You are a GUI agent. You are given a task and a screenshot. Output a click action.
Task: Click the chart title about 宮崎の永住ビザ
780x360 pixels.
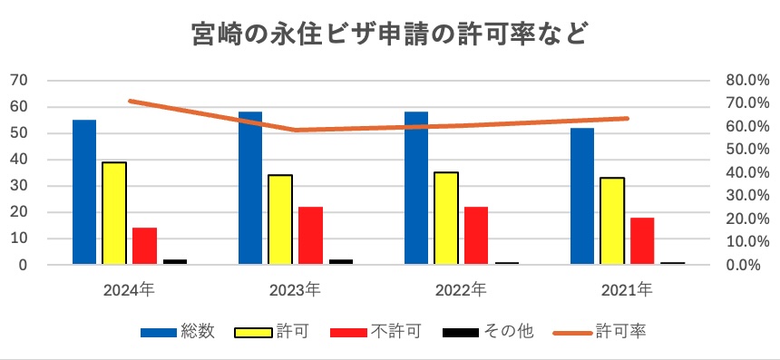click(390, 34)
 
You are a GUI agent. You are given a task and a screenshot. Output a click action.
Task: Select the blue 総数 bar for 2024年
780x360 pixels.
click(84, 192)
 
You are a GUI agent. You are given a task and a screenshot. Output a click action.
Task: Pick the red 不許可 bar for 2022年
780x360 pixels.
click(475, 236)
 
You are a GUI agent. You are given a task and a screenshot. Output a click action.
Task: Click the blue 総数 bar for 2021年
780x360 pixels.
click(582, 196)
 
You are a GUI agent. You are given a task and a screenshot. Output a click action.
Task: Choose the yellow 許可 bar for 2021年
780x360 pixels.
click(611, 221)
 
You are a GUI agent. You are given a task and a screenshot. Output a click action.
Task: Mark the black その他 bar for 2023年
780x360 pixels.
click(340, 261)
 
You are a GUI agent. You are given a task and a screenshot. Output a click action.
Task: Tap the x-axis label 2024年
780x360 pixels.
click(129, 290)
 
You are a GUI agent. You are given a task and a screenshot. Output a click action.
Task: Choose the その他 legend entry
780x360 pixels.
click(482, 332)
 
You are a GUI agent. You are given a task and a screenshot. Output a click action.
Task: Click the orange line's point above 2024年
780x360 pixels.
click(130, 101)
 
